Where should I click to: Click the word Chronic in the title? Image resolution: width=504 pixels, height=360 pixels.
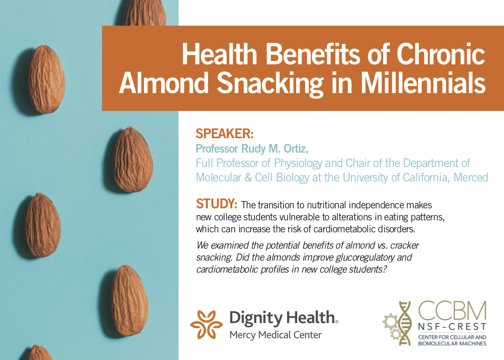point(441,54)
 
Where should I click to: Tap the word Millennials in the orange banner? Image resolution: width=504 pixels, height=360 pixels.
point(423,83)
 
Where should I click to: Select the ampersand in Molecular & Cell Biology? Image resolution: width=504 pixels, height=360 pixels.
point(248,178)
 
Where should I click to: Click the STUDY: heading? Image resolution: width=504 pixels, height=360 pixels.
point(216,204)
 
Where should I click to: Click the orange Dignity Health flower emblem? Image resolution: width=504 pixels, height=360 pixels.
point(206,324)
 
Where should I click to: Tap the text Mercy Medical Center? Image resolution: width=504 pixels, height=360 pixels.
point(276,335)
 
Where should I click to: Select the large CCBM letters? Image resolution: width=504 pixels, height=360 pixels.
point(452,311)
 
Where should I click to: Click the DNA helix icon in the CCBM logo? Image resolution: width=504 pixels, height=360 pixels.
point(404,323)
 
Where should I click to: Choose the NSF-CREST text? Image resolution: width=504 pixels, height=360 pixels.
point(452,327)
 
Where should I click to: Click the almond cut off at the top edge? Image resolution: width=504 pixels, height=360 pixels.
point(144,13)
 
